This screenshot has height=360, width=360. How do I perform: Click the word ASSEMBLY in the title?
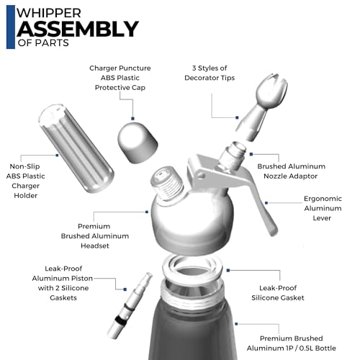pyautogui.click(x=77, y=30)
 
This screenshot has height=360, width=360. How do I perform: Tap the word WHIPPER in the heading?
pyautogui.click(x=45, y=12)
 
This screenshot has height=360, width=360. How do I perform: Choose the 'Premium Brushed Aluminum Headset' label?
pyautogui.click(x=103, y=236)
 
